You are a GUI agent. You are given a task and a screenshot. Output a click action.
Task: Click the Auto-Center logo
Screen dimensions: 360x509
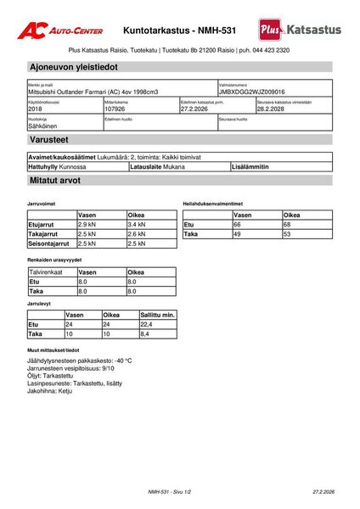[64, 31]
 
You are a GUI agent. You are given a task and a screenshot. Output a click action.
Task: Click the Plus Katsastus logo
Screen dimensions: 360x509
[301, 30]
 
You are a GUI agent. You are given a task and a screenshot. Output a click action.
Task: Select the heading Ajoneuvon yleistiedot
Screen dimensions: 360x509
[73, 66]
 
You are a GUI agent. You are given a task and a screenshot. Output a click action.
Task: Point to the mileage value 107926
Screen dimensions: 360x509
[115, 109]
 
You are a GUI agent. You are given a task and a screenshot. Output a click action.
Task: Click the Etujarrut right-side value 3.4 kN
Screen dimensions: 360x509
[137, 224]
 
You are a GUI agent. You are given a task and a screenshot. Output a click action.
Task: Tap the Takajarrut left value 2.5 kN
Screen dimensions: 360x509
[87, 233]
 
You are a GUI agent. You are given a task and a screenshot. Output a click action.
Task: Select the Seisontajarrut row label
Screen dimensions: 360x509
[49, 243]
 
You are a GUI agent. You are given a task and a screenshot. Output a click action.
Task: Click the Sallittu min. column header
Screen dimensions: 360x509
[157, 315]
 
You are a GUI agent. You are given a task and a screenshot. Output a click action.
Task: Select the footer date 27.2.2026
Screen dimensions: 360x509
[323, 492]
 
